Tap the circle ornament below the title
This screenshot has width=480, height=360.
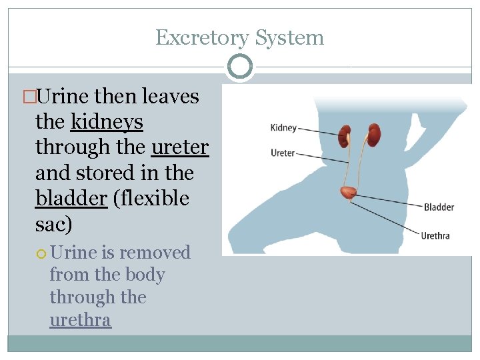tap(240, 66)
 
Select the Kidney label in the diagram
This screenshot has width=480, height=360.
tap(283, 128)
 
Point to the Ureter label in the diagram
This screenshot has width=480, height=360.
tap(283, 153)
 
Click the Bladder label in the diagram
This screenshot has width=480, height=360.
tap(439, 207)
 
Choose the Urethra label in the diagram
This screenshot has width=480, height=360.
tap(435, 235)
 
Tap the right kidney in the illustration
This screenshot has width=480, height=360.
tap(374, 135)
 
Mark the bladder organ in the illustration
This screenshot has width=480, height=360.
tap(347, 193)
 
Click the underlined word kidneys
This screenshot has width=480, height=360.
tap(107, 122)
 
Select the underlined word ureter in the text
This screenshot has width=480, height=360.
tap(180, 147)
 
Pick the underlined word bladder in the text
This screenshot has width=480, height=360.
tap(71, 199)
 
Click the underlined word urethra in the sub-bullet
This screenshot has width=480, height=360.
tap(80, 320)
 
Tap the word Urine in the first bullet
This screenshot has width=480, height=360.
tap(65, 97)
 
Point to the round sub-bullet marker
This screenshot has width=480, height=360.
tap(41, 253)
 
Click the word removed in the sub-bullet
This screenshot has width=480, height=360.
tap(155, 253)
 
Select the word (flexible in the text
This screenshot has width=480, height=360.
tap(151, 199)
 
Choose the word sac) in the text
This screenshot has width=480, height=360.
tap(53, 224)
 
